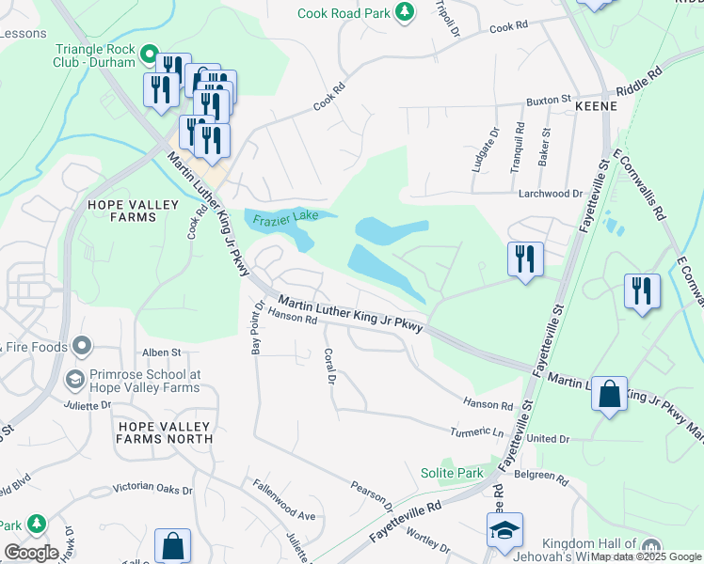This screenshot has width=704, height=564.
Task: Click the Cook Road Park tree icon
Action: (404, 12)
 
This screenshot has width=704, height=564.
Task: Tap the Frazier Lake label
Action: (285, 218)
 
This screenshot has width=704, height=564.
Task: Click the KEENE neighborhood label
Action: (596, 106)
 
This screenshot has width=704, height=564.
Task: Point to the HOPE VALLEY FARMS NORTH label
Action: (165, 431)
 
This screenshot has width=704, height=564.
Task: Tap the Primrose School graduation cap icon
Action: (75, 380)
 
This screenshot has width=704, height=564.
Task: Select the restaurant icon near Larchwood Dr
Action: (525, 258)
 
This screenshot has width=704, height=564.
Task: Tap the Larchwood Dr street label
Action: (552, 193)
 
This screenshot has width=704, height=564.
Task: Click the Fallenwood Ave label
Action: (283, 501)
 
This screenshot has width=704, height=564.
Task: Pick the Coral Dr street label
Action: (330, 367)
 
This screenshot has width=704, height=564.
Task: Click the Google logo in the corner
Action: (31, 552)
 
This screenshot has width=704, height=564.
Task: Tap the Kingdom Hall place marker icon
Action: (650, 547)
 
